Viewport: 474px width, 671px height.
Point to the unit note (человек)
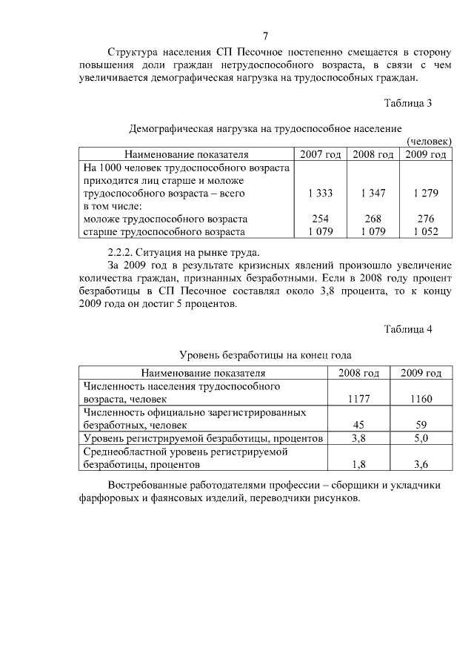click(x=430, y=141)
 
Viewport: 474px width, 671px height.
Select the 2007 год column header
click(x=320, y=154)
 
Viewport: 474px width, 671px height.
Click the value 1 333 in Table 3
click(x=320, y=193)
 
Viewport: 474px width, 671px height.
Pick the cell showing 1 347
click(x=373, y=193)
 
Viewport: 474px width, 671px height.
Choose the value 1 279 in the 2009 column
click(x=426, y=193)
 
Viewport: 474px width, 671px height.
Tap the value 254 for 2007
click(x=320, y=219)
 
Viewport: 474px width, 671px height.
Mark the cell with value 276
click(x=426, y=219)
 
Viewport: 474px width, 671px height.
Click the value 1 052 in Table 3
click(x=426, y=231)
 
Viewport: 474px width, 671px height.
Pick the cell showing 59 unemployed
click(x=421, y=425)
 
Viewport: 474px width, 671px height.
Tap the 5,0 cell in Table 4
click(x=421, y=438)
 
